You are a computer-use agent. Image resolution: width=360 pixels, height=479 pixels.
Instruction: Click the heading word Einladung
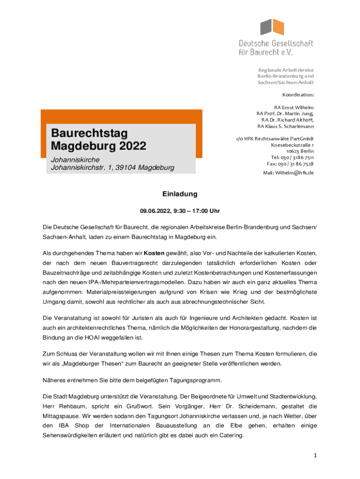tap(180, 194)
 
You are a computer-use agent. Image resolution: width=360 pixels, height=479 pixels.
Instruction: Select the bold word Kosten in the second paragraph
tap(154, 253)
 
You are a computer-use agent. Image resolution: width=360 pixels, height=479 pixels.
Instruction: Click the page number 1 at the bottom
tap(316, 455)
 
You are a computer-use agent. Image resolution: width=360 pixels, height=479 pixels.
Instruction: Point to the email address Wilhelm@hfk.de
tap(295, 173)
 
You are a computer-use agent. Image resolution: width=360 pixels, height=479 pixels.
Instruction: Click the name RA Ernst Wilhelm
tap(294, 107)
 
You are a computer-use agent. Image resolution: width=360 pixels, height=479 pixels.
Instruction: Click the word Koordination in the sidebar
tap(298, 94)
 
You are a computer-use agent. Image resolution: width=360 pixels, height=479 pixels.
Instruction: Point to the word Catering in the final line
tap(228, 435)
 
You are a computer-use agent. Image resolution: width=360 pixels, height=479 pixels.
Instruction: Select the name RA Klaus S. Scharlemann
tap(285, 126)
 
